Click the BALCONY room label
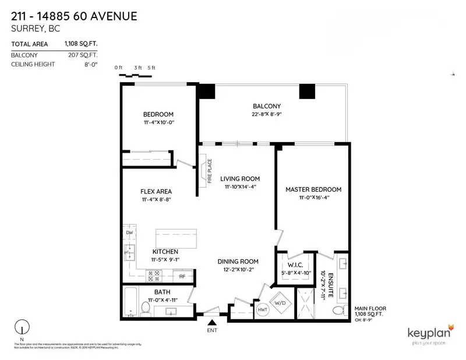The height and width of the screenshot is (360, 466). coord(267,106)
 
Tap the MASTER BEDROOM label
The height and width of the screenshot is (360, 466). coord(313,189)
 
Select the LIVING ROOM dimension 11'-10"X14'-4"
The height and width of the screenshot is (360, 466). coord(239,187)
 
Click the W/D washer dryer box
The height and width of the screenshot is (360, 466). coord(280,302)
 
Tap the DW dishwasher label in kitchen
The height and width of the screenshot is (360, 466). coord(129,233)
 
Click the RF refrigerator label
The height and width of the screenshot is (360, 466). coord(182,276)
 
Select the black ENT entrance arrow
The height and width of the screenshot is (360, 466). coord(212,321)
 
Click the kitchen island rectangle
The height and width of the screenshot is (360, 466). coord(175,239)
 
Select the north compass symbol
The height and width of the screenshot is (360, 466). coord(22,327)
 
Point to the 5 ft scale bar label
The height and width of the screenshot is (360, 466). coord(151,68)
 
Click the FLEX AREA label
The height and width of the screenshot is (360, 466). coord(156,191)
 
